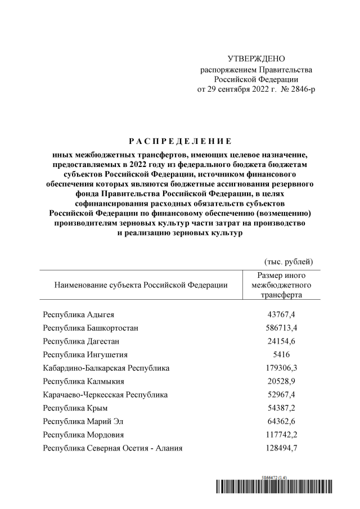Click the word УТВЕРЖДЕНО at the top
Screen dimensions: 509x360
coord(256,59)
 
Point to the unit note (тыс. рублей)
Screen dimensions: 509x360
coord(288,261)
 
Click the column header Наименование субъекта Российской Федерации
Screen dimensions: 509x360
coord(141,285)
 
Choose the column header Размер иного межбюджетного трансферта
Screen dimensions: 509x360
coord(281,285)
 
